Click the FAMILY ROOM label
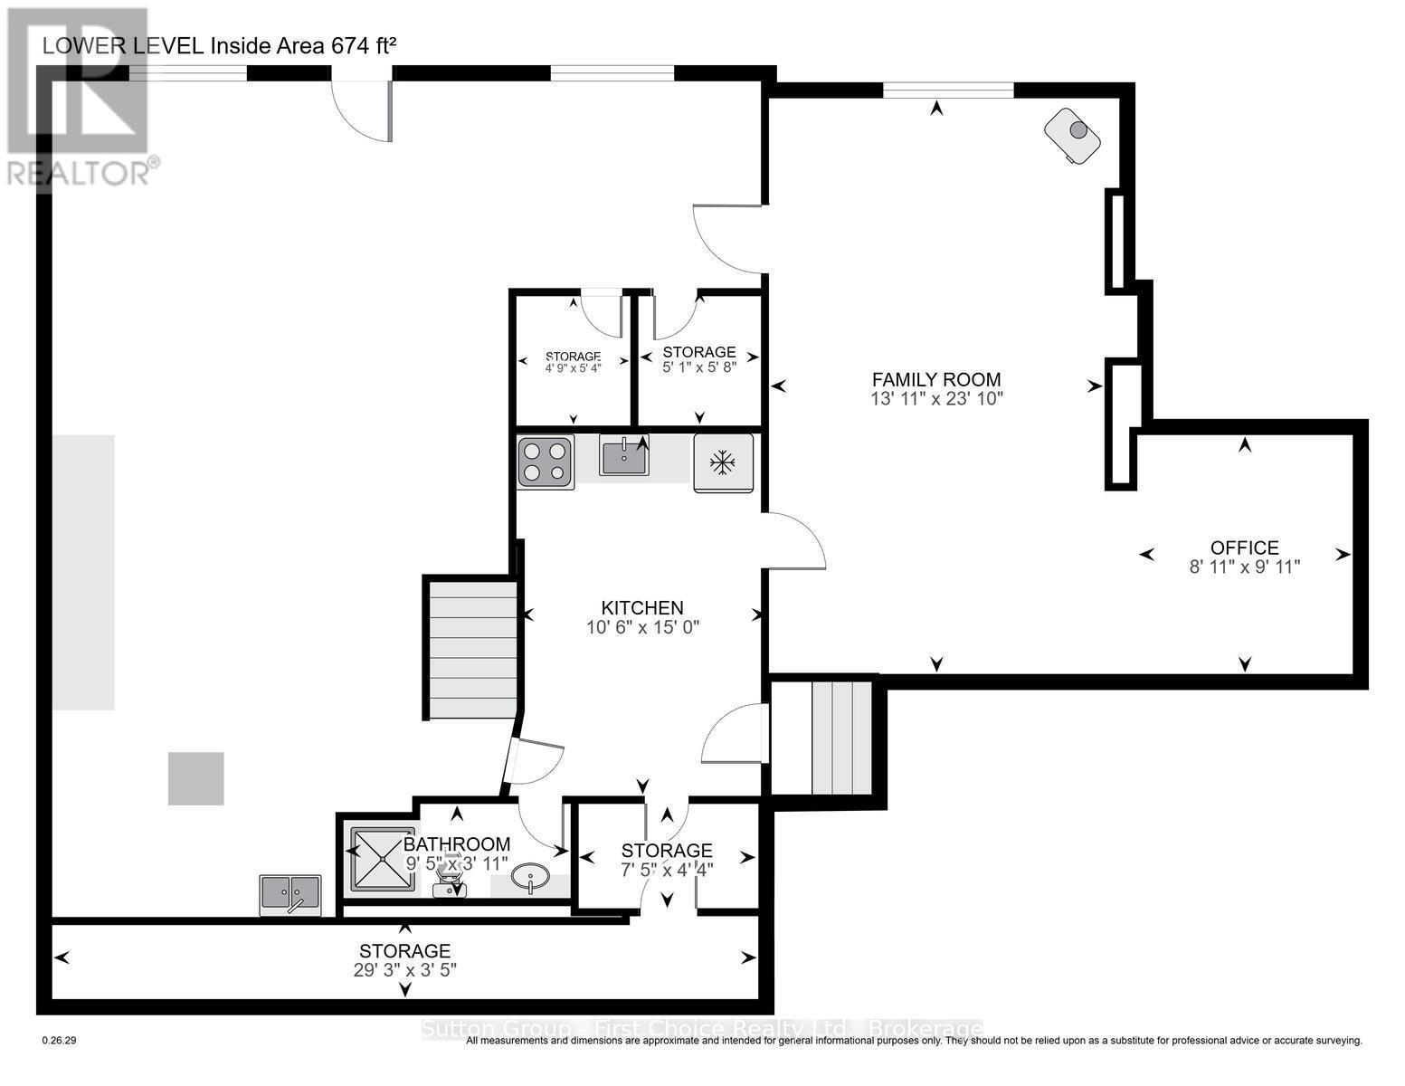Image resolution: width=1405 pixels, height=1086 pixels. click(936, 380)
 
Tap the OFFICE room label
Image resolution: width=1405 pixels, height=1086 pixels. click(1244, 548)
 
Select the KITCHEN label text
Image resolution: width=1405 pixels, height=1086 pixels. click(642, 608)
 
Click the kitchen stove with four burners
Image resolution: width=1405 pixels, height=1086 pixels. click(545, 462)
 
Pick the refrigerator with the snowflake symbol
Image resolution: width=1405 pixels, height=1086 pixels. click(723, 463)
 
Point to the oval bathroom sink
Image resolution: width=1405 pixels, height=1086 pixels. click(529, 877)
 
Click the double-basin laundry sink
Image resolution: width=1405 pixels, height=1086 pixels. click(290, 894)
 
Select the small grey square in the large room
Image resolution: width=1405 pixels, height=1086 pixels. click(195, 778)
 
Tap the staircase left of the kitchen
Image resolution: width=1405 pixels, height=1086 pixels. click(471, 649)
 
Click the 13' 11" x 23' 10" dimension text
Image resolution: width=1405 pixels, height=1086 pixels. click(936, 398)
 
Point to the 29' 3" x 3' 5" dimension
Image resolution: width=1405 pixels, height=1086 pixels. click(404, 969)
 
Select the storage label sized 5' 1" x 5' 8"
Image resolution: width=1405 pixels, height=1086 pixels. click(698, 352)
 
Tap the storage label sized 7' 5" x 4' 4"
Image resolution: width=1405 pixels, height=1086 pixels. click(667, 851)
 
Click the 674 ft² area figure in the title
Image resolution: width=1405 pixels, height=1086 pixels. click(365, 47)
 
